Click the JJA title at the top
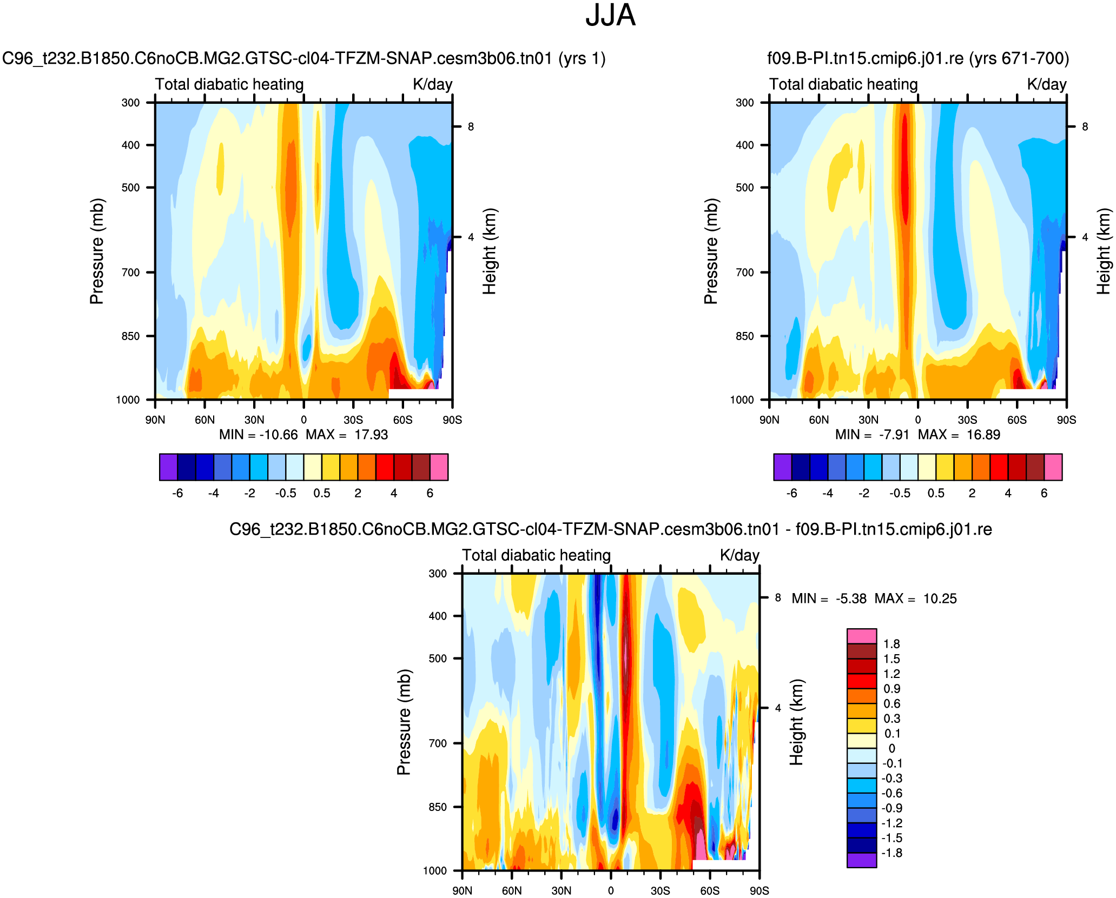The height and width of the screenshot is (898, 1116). (x=610, y=16)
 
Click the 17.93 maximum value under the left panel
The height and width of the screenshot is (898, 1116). (x=371, y=435)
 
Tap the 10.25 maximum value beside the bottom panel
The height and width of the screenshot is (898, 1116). (x=940, y=599)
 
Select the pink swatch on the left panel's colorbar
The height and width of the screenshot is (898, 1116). (x=439, y=467)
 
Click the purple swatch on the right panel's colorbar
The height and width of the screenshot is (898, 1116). (x=782, y=467)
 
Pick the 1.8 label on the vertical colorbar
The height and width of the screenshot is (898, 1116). (x=891, y=644)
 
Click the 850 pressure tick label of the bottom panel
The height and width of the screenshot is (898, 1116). (x=438, y=807)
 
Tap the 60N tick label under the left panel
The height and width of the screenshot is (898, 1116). (x=204, y=420)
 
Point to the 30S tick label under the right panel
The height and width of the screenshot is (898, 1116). (x=967, y=420)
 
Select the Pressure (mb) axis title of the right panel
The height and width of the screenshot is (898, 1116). (x=711, y=251)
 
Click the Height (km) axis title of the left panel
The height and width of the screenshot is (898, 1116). (x=490, y=251)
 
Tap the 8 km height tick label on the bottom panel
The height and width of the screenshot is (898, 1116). (x=778, y=598)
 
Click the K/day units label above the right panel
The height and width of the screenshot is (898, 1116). (x=1046, y=84)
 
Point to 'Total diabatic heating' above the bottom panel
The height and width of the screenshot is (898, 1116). (x=536, y=556)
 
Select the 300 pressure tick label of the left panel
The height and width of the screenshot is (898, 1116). (x=130, y=103)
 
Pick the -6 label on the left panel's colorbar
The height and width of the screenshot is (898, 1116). (x=177, y=493)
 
